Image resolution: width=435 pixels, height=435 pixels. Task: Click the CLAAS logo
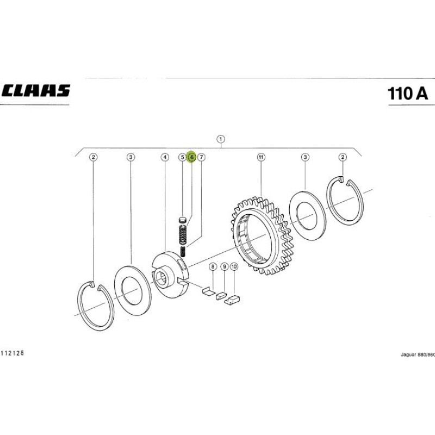(36, 90)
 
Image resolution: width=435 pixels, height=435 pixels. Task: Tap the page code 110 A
(407, 94)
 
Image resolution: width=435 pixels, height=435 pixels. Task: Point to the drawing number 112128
(12, 353)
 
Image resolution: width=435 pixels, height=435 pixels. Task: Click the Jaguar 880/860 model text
(418, 355)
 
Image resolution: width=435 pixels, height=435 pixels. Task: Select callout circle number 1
(221, 139)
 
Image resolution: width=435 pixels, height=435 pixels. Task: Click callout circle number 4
(165, 157)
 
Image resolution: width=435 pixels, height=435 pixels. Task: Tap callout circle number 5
(182, 157)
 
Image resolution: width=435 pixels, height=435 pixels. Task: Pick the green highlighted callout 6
(191, 157)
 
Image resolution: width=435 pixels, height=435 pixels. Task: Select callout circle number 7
(201, 157)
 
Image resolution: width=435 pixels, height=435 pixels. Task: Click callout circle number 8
(213, 267)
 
